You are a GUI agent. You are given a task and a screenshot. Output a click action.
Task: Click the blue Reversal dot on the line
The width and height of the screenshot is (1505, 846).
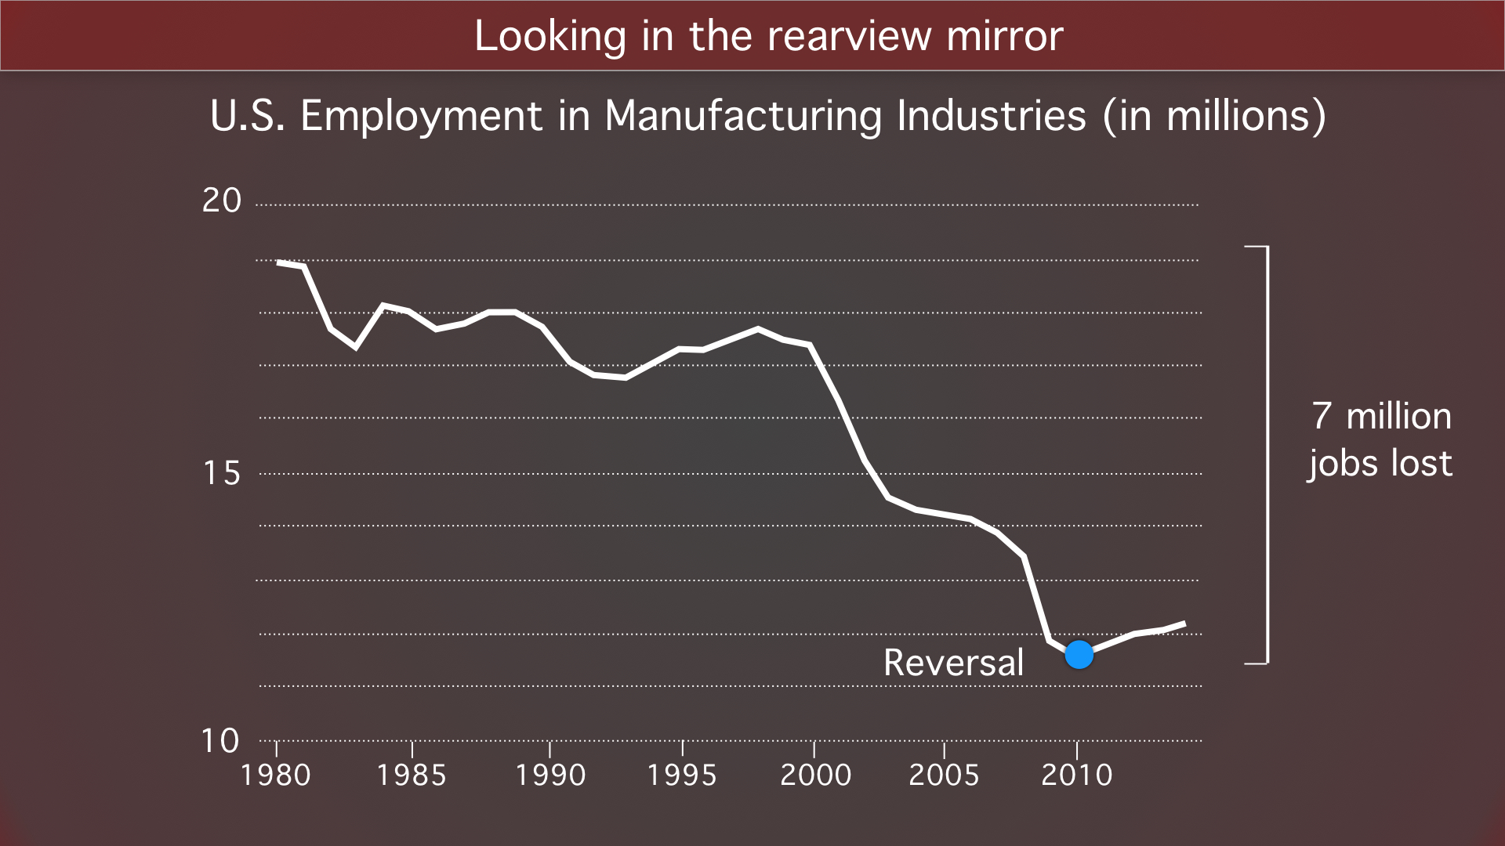click(x=1079, y=654)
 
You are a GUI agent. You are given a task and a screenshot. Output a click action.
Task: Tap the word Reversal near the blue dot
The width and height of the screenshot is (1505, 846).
click(x=953, y=663)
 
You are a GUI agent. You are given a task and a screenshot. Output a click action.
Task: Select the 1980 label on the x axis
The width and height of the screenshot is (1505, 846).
click(x=276, y=775)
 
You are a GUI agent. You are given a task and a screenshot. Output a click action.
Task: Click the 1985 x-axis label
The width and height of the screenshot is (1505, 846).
click(x=412, y=775)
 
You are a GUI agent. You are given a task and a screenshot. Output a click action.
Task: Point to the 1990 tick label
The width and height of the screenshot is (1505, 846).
click(x=550, y=775)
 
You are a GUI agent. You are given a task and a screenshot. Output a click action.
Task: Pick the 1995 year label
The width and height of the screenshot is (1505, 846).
click(x=682, y=775)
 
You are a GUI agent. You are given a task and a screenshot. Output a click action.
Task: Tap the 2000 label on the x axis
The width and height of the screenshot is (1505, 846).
click(x=815, y=775)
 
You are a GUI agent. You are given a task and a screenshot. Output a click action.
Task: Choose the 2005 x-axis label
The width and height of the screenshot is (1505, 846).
click(x=944, y=775)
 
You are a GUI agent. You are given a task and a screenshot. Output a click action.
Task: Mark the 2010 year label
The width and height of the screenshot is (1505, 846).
click(x=1077, y=775)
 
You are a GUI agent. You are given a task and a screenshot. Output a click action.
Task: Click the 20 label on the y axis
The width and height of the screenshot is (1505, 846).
click(x=222, y=201)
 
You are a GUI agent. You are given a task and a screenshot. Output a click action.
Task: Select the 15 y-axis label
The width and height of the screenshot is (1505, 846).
click(x=222, y=473)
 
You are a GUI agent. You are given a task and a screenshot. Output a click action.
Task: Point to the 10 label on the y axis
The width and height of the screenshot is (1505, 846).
click(x=220, y=741)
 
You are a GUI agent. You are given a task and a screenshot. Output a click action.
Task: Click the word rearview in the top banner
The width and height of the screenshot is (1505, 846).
click(x=849, y=36)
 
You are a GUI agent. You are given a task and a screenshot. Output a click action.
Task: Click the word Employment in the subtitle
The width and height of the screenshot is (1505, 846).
click(x=421, y=116)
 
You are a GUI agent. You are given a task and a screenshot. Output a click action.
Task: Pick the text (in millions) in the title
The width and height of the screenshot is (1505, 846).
click(x=1214, y=116)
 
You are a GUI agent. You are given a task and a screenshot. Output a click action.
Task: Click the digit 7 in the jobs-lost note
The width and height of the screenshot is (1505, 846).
click(x=1322, y=416)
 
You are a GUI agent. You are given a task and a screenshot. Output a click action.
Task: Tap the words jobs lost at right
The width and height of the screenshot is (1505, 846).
click(x=1380, y=463)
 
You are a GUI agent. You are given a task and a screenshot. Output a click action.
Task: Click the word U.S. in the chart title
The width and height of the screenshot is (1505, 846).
click(x=248, y=116)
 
